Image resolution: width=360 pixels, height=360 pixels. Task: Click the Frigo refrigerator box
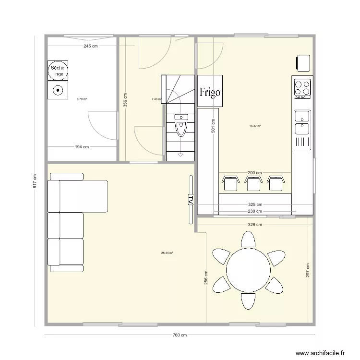pyautogui.click(x=210, y=91)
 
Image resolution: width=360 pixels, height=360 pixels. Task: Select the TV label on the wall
pyautogui.click(x=190, y=199)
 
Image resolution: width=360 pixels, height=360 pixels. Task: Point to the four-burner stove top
pyautogui.click(x=302, y=88)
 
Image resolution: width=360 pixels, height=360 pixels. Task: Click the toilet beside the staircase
pyautogui.click(x=180, y=126)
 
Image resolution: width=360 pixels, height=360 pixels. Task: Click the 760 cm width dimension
pyautogui.click(x=180, y=336)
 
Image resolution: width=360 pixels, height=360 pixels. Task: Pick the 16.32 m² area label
pyautogui.click(x=255, y=126)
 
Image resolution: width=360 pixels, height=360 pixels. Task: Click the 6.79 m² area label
pyautogui.click(x=82, y=99)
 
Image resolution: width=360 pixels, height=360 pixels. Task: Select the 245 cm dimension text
pyautogui.click(x=91, y=47)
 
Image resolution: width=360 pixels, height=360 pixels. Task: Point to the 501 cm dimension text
pyautogui.click(x=213, y=126)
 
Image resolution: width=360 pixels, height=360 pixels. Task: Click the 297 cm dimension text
pyautogui.click(x=308, y=270)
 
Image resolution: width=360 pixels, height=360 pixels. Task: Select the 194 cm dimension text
pyautogui.click(x=82, y=147)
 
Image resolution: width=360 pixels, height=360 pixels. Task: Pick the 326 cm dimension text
pyautogui.click(x=255, y=224)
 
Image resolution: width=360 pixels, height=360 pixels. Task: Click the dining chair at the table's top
pyautogui.click(x=248, y=240)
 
